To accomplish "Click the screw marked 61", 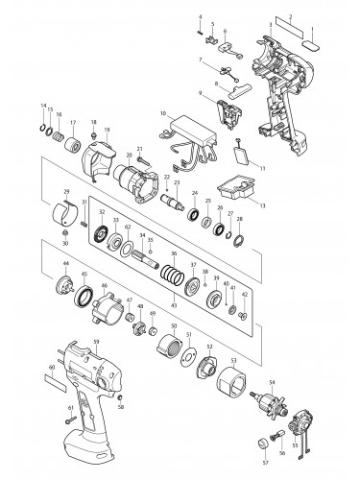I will (x=70, y=419).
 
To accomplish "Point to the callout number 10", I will (x=163, y=113).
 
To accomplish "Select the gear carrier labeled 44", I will (x=66, y=283).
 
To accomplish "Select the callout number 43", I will (x=173, y=305).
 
